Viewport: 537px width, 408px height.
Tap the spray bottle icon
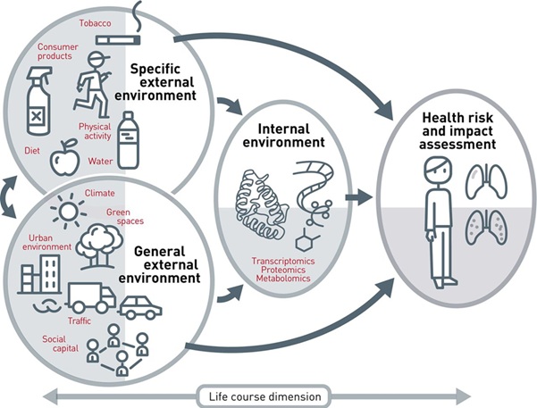pos(36,102)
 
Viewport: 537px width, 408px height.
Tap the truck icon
pos(88,296)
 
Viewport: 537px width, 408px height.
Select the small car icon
pos(141,308)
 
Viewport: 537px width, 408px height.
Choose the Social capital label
pos(60,345)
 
